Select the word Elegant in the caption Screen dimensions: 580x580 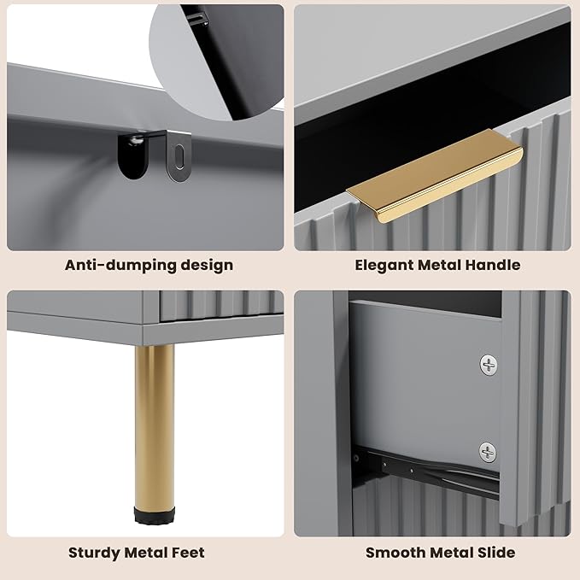click(384, 266)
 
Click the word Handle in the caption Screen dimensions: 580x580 click(492, 265)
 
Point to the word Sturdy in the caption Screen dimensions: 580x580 click(94, 554)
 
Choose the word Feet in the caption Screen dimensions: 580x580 click(188, 553)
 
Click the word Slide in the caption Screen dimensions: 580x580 click(496, 553)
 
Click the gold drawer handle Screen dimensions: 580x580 click(435, 177)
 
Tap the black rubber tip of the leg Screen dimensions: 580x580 click(155, 516)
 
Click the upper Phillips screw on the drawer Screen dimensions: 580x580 click(489, 365)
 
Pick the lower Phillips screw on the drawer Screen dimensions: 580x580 click(488, 452)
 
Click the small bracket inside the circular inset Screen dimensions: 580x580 click(200, 17)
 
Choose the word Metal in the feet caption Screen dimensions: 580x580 click(146, 553)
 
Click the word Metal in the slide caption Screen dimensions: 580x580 click(451, 553)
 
